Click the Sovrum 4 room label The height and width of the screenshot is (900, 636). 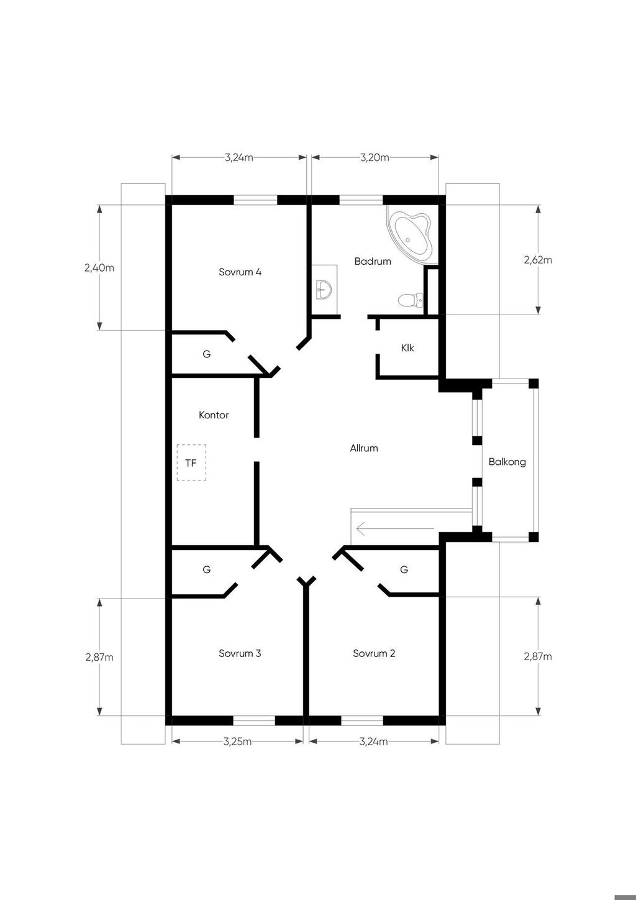click(x=240, y=272)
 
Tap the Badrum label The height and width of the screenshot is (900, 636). click(x=373, y=261)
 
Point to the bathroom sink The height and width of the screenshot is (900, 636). click(x=324, y=289)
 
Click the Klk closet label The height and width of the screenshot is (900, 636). click(x=407, y=347)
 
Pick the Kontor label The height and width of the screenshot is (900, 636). click(x=214, y=415)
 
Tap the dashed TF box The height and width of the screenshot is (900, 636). click(x=191, y=462)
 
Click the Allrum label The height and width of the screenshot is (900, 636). click(x=364, y=448)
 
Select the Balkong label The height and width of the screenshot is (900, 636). click(x=507, y=462)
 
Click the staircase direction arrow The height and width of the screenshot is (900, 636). click(x=395, y=528)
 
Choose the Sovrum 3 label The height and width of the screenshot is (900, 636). click(x=240, y=653)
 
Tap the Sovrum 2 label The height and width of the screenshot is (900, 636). click(x=374, y=653)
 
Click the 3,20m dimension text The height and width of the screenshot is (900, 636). click(x=375, y=157)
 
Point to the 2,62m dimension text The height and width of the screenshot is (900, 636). click(x=538, y=260)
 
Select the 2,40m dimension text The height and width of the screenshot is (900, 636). click(x=99, y=268)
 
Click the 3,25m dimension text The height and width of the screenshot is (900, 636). click(x=237, y=742)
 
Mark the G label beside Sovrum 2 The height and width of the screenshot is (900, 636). click(x=404, y=569)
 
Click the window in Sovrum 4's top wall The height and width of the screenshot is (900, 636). click(x=255, y=200)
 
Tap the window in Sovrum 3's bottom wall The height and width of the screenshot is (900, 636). click(x=254, y=720)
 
